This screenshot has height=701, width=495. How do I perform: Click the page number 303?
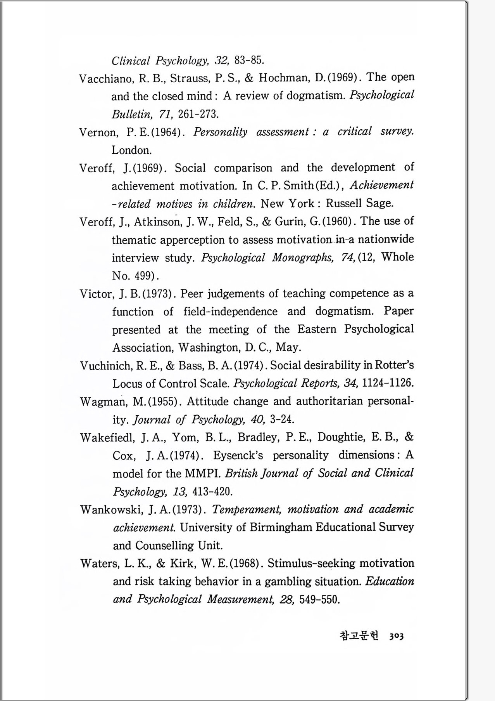coord(397,636)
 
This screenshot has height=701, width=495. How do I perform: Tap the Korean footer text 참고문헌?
coord(359,635)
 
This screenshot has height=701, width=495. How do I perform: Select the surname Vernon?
coord(98,132)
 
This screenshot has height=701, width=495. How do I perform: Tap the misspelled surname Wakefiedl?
coord(107,438)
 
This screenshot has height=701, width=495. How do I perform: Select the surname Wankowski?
coord(112,509)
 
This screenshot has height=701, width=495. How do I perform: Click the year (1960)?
coord(336,222)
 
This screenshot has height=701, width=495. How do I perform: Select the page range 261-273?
coord(198,114)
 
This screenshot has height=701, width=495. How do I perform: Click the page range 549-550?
coord(319,599)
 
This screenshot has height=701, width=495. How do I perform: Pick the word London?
coord(131,150)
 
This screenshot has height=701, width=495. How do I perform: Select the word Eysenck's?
coord(238,455)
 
